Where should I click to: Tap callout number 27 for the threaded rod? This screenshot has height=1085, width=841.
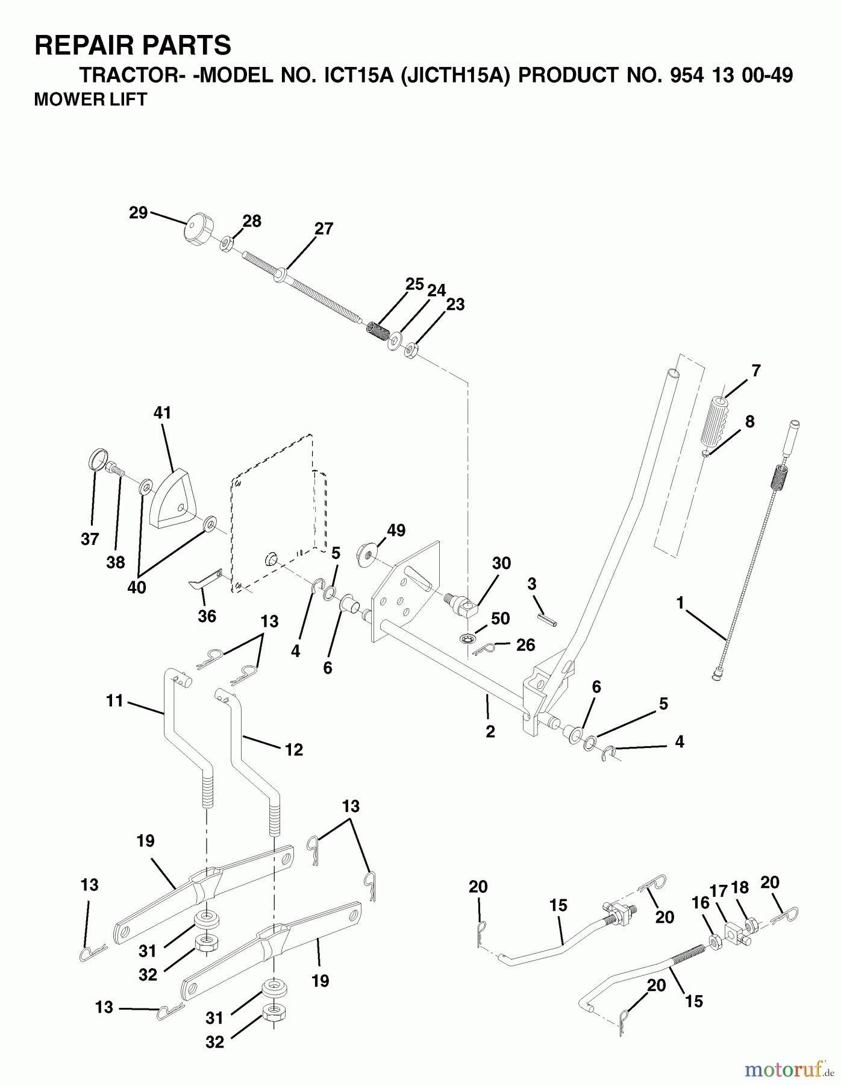[324, 229]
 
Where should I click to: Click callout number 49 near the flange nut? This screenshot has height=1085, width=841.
[396, 530]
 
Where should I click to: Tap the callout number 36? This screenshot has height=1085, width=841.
[207, 616]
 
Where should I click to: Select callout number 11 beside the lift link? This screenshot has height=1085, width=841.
[114, 701]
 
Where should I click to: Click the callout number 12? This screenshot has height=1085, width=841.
[293, 750]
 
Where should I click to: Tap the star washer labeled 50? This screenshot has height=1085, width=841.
[467, 638]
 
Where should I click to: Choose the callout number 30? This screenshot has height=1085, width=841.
[501, 563]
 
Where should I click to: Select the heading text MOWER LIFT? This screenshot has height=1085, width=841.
[90, 99]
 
